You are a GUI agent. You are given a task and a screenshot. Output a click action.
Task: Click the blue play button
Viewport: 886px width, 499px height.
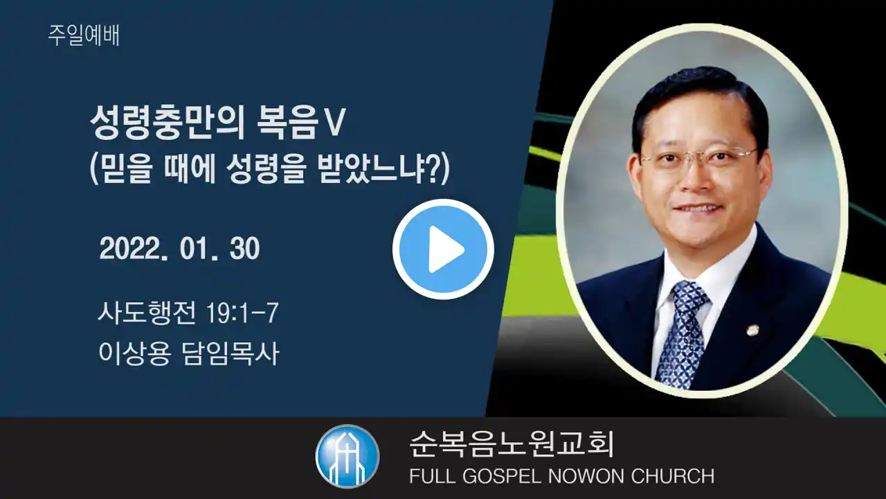[x=443, y=249]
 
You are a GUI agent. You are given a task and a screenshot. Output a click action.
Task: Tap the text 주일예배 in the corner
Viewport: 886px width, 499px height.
[x=84, y=35]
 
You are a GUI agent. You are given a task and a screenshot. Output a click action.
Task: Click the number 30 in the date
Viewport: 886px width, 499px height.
[x=244, y=249]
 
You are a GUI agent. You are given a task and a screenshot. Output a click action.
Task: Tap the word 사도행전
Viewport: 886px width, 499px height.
[x=147, y=313]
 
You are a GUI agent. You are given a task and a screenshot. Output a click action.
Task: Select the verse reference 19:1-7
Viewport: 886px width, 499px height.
[x=242, y=313]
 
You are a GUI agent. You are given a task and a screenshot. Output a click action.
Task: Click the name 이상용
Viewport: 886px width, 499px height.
[x=134, y=353]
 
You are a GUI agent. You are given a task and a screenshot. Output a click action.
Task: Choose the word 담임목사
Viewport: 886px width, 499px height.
[x=230, y=353]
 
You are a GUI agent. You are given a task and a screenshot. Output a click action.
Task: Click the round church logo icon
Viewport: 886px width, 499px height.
[x=347, y=456]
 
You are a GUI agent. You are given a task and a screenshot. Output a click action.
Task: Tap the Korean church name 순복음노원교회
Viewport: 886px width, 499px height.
[x=511, y=444]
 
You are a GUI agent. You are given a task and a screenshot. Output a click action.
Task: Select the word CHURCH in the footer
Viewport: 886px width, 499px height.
[x=673, y=476]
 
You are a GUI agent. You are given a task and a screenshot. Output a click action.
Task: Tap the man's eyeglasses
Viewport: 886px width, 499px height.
[x=698, y=157]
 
